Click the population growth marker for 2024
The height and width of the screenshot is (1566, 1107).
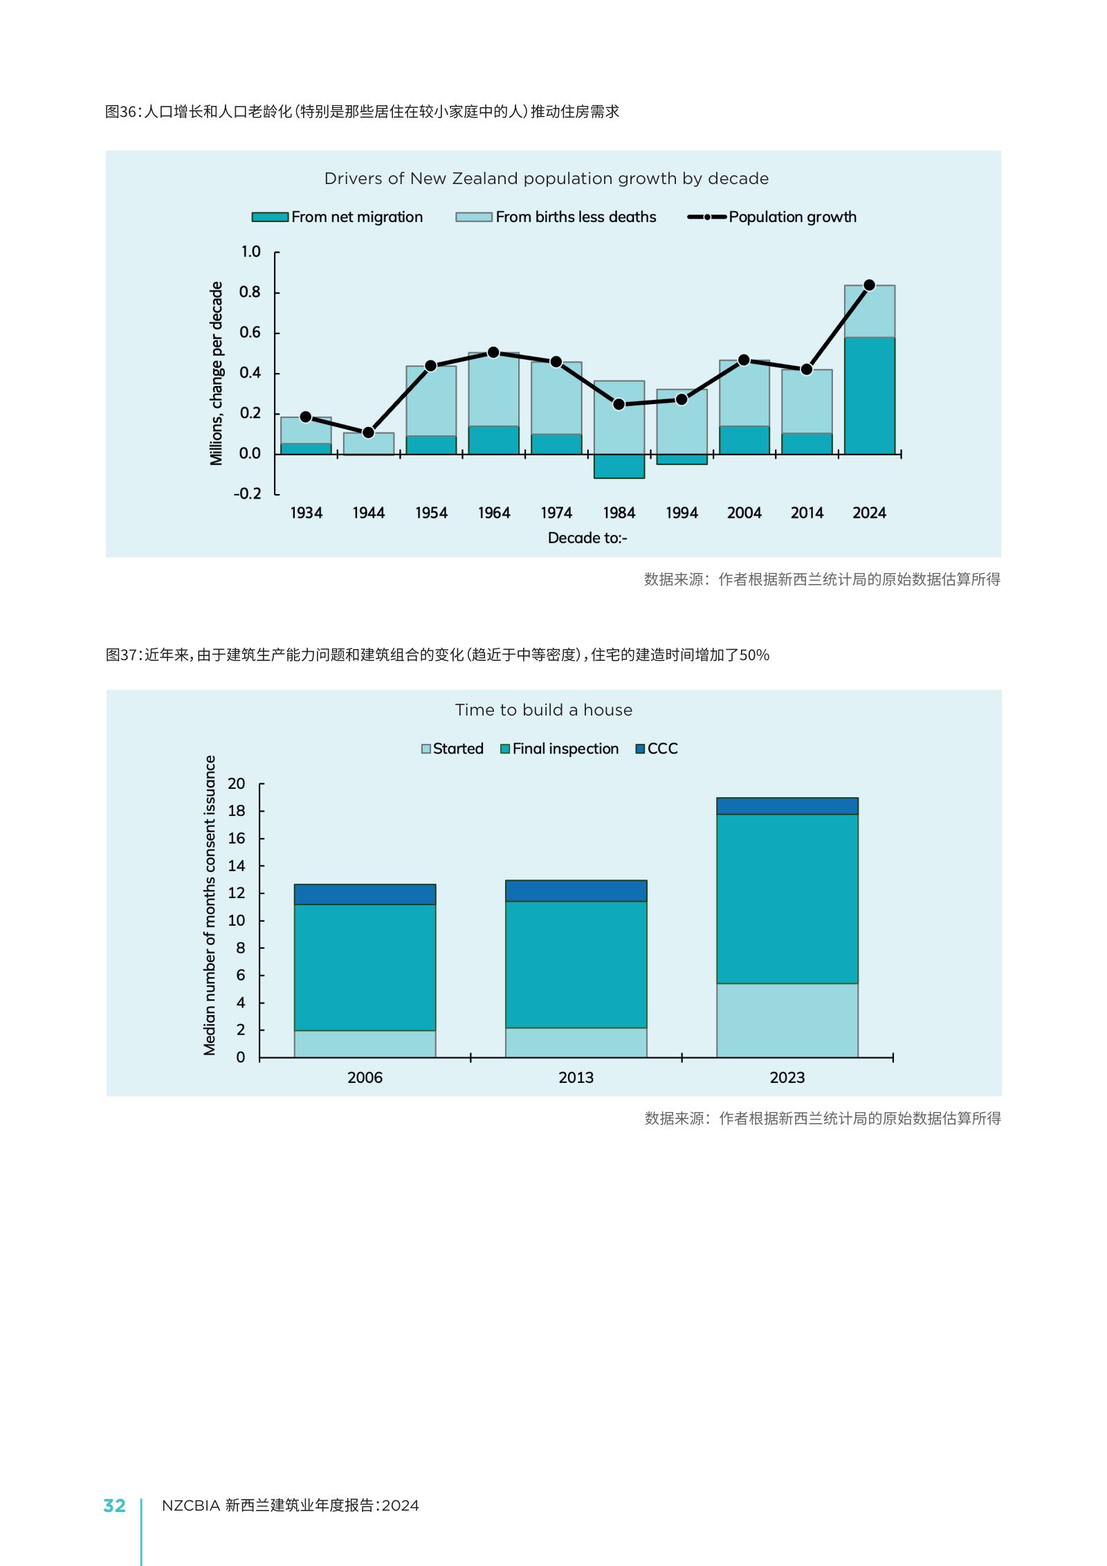coord(869,285)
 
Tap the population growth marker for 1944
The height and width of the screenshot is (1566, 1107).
coord(368,433)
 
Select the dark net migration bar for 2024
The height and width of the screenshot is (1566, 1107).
coord(869,396)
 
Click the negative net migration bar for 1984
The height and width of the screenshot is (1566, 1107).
coord(619,466)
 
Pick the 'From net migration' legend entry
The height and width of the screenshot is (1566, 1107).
coord(337,217)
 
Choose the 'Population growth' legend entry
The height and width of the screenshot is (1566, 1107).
coord(771,217)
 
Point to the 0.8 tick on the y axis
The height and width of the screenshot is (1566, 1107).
coord(250,292)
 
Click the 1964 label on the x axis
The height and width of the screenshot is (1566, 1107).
coord(493,513)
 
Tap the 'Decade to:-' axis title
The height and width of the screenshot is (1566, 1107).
coord(587,538)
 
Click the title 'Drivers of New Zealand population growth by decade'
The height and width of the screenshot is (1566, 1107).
coord(547,179)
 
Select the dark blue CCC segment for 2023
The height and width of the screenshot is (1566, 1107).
coord(787,806)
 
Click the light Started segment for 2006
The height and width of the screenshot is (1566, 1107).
coord(365,1044)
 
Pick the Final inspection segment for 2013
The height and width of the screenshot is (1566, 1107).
coord(576,964)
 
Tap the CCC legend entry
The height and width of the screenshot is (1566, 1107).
coord(657,749)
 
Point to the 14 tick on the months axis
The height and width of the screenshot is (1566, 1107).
coord(237,866)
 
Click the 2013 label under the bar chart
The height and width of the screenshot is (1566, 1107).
coord(576,1077)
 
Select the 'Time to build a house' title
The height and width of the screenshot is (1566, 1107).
coord(544,710)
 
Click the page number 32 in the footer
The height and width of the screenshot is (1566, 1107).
coord(114,1506)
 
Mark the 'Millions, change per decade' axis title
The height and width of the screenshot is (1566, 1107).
coord(217,374)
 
